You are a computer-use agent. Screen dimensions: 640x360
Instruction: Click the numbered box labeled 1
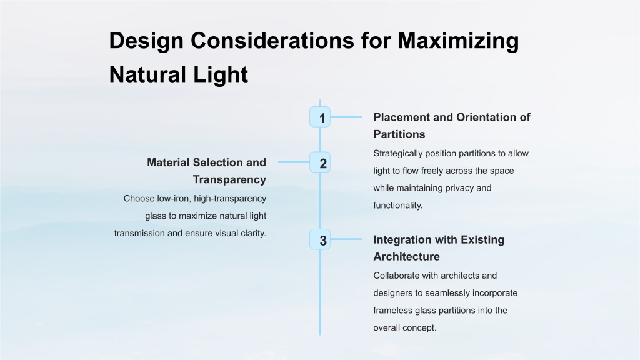coord(320,117)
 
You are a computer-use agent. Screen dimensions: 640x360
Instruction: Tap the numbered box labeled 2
coord(320,162)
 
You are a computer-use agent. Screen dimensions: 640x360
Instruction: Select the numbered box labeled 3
coord(320,239)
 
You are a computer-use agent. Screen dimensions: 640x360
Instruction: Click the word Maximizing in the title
coord(458,41)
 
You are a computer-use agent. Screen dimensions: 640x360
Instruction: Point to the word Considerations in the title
coord(272,41)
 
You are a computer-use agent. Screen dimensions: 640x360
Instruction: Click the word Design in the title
coord(146,41)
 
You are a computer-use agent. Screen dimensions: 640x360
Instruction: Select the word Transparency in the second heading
coord(229,179)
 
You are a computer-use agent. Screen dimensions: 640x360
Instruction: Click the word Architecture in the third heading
coord(406,256)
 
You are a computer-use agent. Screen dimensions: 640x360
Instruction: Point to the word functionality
coord(398,205)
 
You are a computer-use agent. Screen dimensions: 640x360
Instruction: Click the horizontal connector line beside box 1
coord(346,117)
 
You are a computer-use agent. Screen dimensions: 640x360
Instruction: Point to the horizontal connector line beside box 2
coord(294,162)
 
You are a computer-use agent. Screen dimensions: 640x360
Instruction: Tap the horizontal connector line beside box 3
coord(346,239)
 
